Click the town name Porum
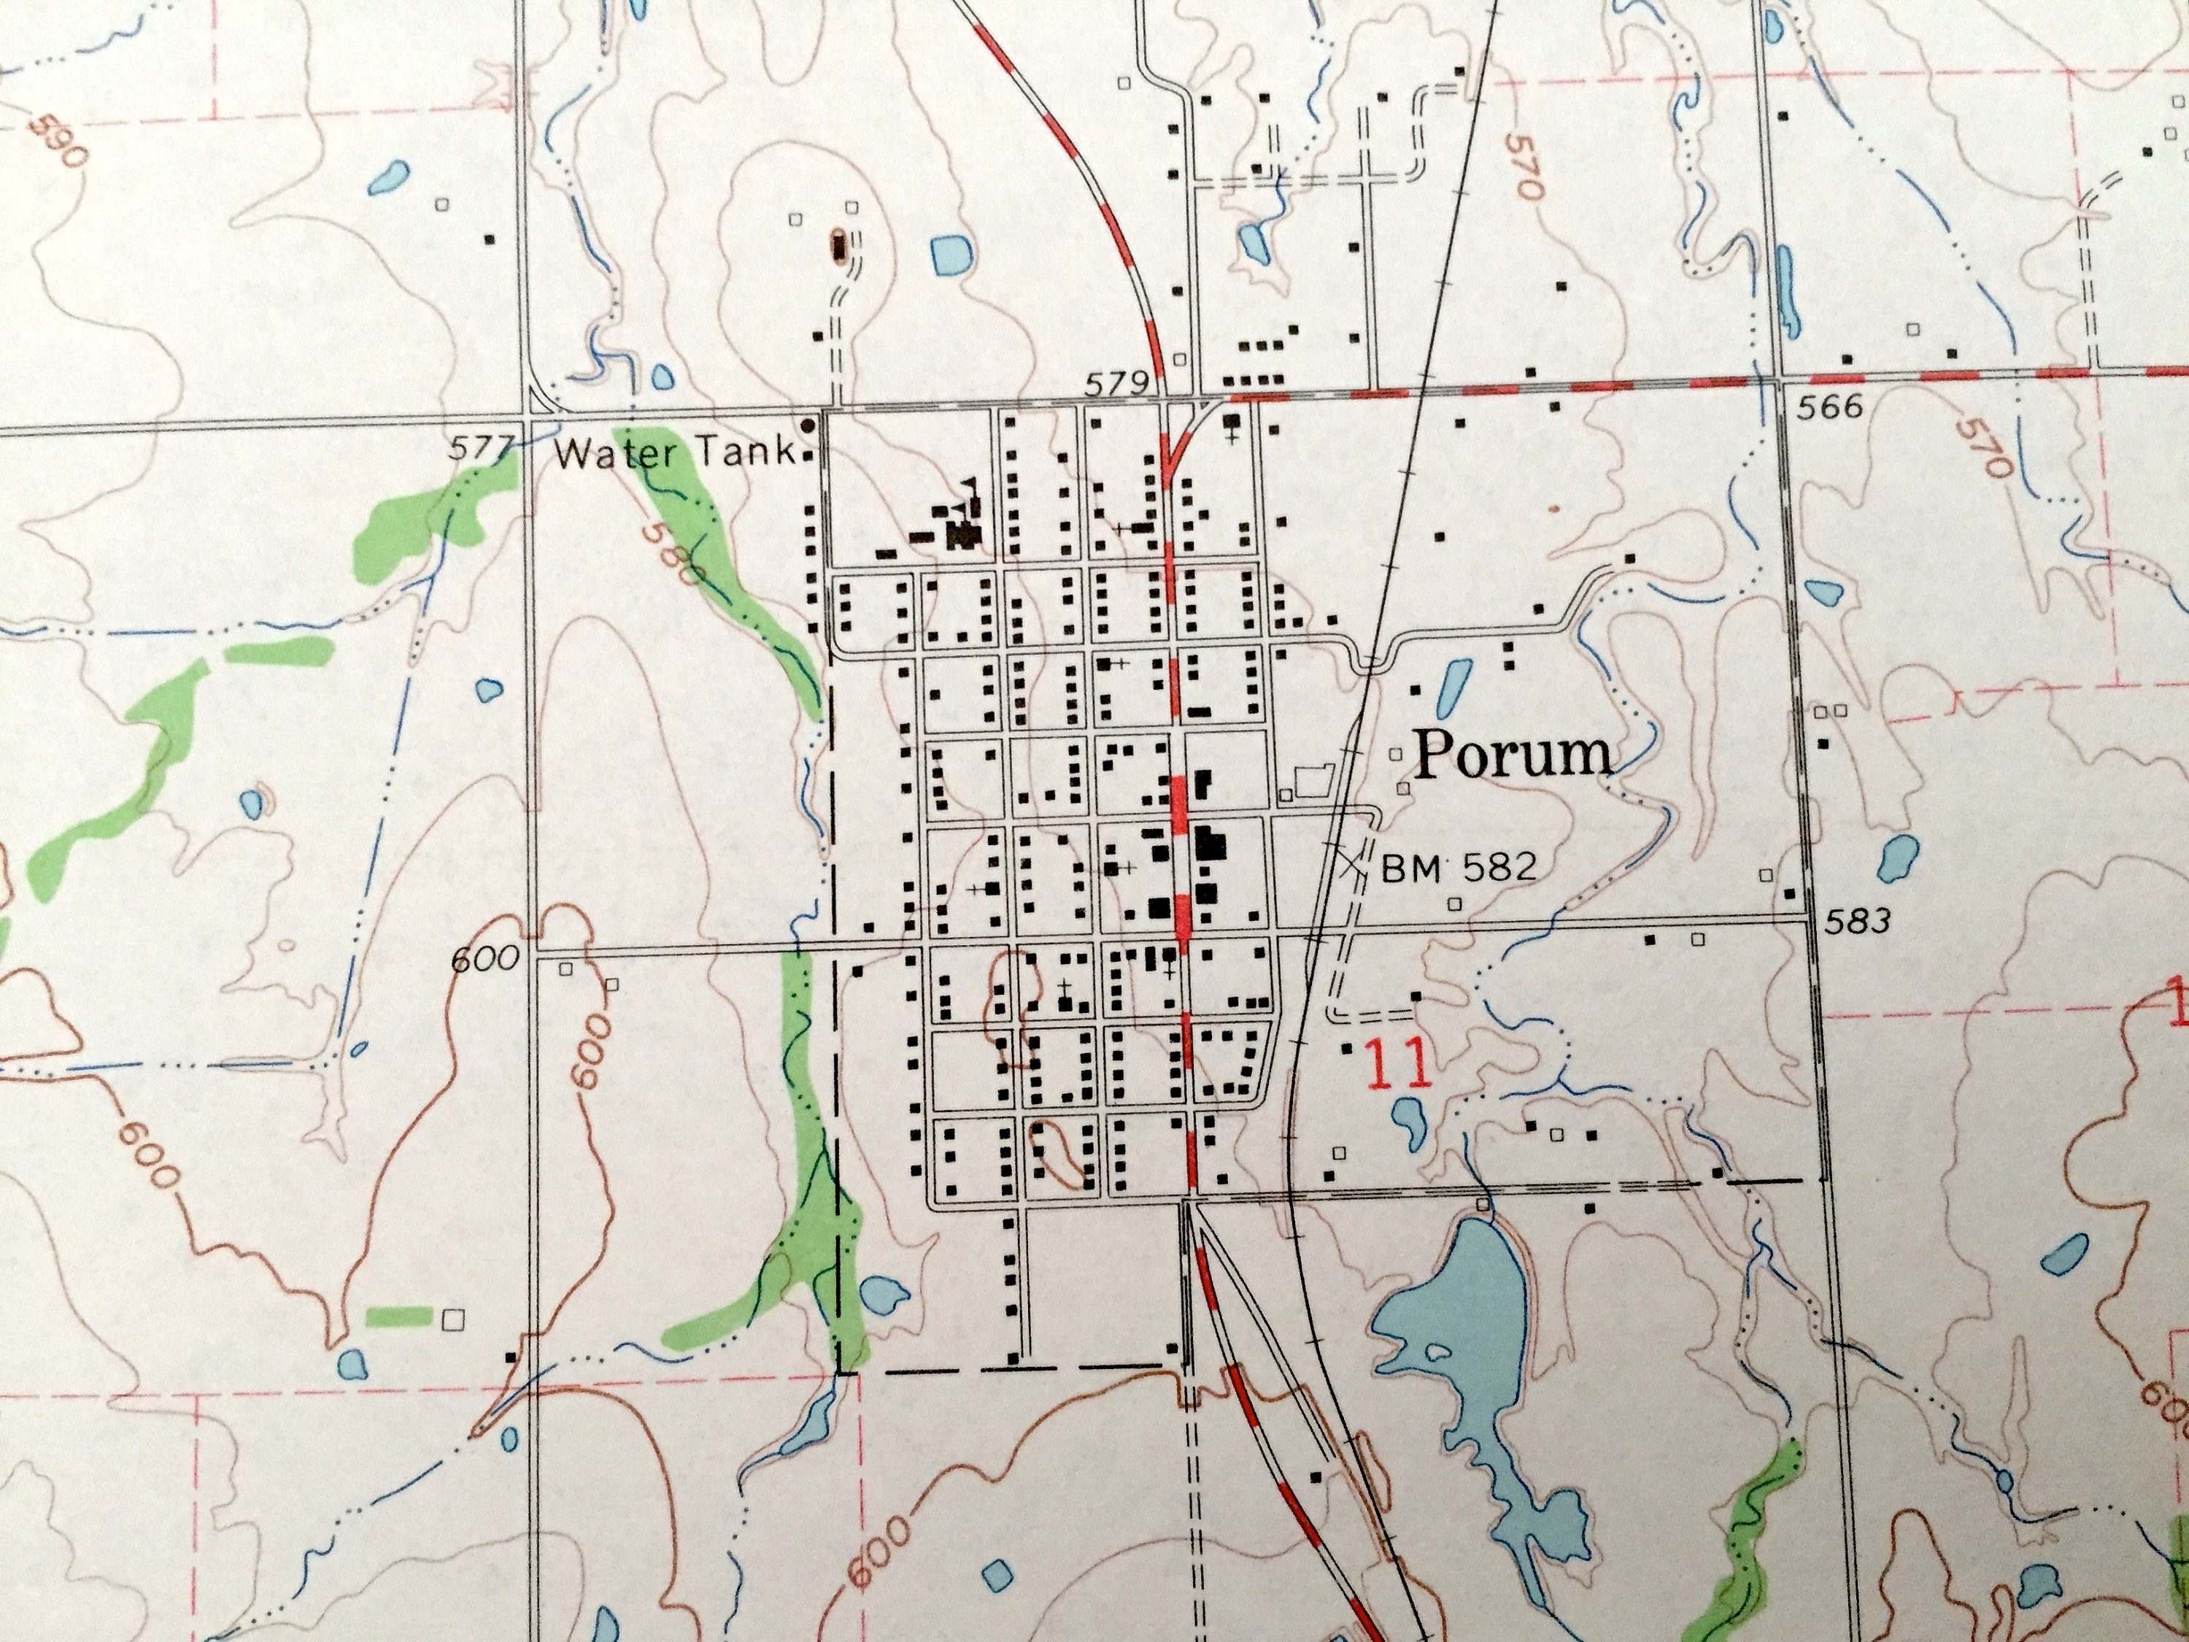coord(1513,756)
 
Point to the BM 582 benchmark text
coord(1459,868)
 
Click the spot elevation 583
coord(1856,922)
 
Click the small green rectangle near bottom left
coord(399,1315)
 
